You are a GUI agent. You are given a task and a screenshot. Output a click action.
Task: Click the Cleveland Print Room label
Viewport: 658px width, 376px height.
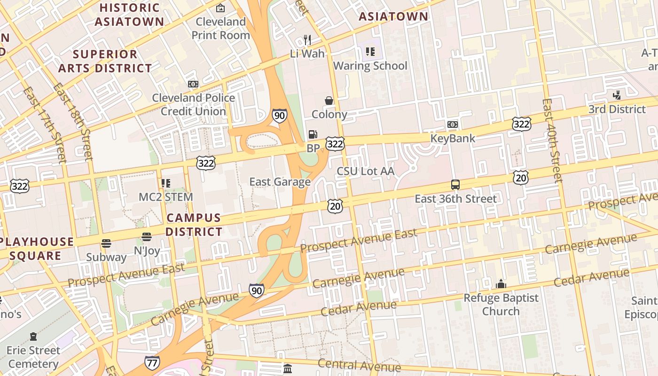[x=221, y=28]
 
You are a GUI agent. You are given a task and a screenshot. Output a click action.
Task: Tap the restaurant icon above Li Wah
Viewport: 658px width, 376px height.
[x=307, y=39]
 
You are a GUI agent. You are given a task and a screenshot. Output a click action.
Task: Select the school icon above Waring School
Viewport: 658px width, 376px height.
[x=370, y=52]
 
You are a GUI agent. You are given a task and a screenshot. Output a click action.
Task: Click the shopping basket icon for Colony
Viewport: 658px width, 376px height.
[x=329, y=101]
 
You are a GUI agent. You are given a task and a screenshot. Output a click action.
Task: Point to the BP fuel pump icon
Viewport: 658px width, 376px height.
[x=313, y=135]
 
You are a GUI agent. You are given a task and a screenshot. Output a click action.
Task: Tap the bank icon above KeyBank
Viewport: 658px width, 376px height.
[x=453, y=125]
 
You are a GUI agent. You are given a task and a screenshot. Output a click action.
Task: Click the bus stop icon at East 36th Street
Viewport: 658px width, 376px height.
[x=455, y=185]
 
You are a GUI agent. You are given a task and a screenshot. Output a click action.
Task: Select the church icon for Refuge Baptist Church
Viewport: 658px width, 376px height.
[x=501, y=284]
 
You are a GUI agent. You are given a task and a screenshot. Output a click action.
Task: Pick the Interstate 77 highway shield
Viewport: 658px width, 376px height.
[x=152, y=362]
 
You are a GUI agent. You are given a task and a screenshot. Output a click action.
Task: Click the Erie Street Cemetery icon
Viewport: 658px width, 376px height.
[x=33, y=337]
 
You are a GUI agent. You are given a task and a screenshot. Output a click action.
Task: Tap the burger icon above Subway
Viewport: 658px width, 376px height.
[x=106, y=243]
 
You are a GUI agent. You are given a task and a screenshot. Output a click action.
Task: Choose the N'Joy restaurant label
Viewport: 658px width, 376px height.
[x=147, y=251]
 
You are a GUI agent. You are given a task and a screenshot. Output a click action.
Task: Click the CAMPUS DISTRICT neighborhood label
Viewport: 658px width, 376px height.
[x=193, y=225]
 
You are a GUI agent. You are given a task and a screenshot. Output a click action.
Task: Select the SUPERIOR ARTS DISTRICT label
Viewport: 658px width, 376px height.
[x=105, y=61]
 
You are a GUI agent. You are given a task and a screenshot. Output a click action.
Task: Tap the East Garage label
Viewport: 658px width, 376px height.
[x=280, y=182]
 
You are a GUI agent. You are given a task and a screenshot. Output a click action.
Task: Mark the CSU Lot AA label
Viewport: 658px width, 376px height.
[x=365, y=171]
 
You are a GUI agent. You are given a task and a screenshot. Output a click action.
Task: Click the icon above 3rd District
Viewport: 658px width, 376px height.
[x=617, y=95]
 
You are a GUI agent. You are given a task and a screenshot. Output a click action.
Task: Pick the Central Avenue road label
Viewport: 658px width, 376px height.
[x=359, y=365]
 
